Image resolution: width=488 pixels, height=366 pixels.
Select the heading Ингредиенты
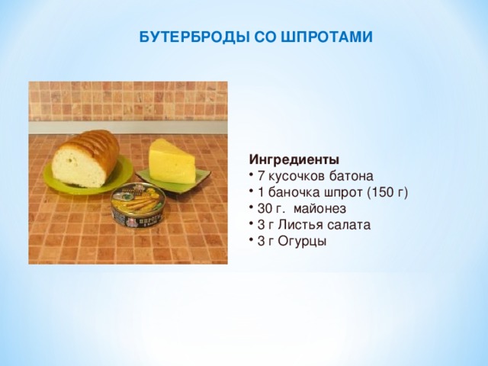[x=294, y=160]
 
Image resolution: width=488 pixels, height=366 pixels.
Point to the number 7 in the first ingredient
[x=262, y=176]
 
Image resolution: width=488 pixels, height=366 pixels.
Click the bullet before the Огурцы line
[x=252, y=241]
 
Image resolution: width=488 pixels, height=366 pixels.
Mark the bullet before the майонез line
[x=252, y=209]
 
